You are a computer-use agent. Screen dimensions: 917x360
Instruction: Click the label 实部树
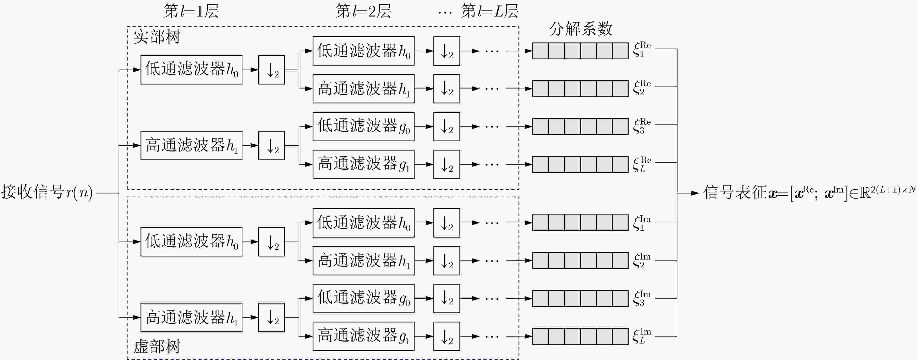(157, 37)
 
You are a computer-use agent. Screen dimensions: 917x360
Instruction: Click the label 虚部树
(157, 346)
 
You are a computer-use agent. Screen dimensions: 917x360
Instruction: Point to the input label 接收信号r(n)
(47, 192)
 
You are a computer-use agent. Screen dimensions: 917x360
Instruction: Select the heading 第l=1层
(191, 11)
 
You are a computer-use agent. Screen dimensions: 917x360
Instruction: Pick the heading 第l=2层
(363, 11)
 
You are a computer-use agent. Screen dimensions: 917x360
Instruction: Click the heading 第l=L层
(490, 11)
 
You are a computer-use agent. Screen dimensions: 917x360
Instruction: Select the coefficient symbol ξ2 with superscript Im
(642, 261)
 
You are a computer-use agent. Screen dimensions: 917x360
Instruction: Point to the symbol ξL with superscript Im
(642, 336)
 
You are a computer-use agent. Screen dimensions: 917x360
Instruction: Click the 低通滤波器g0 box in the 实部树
(363, 126)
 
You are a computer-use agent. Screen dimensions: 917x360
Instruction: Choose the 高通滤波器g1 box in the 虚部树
(363, 336)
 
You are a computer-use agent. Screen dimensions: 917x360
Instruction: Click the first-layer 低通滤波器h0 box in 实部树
(191, 70)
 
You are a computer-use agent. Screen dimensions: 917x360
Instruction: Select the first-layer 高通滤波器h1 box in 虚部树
(191, 317)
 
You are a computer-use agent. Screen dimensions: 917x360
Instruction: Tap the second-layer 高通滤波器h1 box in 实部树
(363, 89)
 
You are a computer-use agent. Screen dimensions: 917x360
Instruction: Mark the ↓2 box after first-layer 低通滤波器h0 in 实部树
(272, 70)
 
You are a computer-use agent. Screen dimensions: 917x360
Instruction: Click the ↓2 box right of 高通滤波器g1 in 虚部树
(447, 336)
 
